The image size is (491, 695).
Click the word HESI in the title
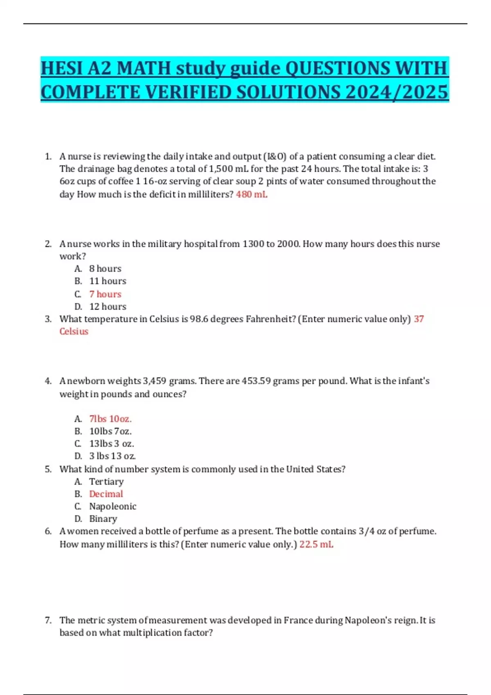(61, 68)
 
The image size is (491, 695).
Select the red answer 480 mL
(252, 194)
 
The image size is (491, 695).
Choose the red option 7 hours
(105, 294)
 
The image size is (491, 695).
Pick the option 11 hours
(108, 281)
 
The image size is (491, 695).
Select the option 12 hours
(108, 307)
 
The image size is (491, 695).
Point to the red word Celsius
(74, 332)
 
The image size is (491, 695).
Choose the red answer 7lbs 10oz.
(110, 419)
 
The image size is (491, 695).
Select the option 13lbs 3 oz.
(112, 444)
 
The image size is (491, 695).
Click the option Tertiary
(106, 482)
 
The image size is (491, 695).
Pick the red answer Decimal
(106, 494)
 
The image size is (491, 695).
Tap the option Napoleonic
(113, 507)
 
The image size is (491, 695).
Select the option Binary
(103, 519)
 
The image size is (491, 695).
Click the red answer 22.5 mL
(316, 544)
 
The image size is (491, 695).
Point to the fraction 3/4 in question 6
(366, 531)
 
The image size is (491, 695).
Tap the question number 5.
(48, 469)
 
